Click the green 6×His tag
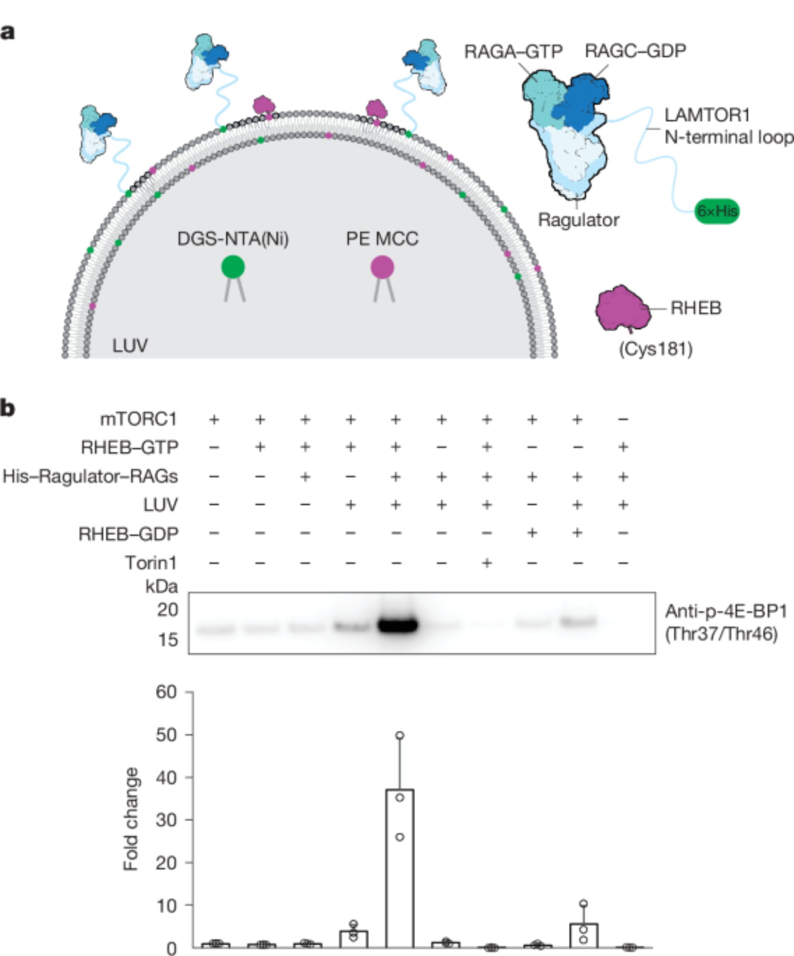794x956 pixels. [717, 211]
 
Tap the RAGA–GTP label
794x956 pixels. [513, 52]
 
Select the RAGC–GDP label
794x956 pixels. [635, 51]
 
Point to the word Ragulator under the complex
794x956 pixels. [578, 220]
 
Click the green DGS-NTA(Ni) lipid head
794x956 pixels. [233, 267]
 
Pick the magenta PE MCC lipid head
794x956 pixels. [382, 267]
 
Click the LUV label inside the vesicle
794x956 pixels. [130, 345]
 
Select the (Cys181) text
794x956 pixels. [655, 349]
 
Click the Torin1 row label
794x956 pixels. [151, 563]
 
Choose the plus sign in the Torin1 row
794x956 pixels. [487, 563]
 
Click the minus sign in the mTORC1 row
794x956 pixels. [623, 420]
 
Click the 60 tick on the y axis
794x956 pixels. [166, 692]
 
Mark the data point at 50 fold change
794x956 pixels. [400, 735]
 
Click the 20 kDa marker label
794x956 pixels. [167, 610]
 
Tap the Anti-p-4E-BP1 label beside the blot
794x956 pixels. [725, 611]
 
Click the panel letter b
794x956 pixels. [8, 409]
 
